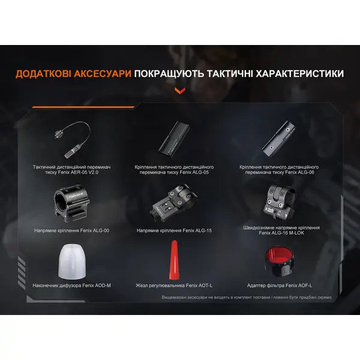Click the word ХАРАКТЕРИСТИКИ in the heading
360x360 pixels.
click(x=292, y=74)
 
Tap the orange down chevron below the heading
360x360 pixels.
click(x=179, y=91)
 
